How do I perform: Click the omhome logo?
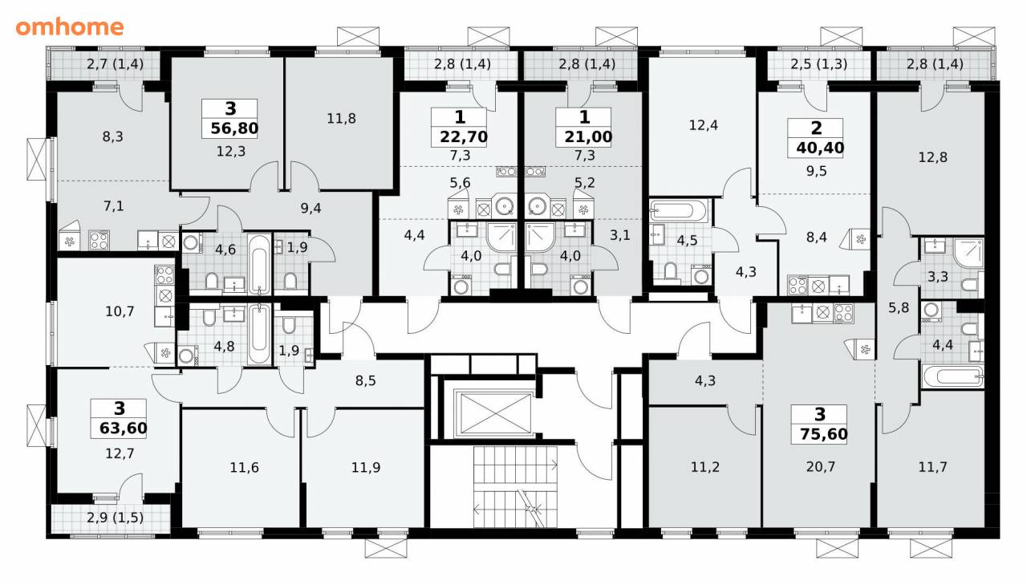(x=70, y=27)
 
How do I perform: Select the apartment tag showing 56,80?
(x=229, y=119)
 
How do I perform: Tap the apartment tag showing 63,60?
(x=119, y=419)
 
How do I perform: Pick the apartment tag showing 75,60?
(x=819, y=425)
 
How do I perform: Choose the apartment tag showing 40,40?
(x=816, y=138)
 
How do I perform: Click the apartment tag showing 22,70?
(x=460, y=128)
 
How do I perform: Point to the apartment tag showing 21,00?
(x=583, y=128)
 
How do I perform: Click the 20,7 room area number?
(x=821, y=467)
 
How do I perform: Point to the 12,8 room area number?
(x=932, y=157)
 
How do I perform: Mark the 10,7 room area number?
(x=120, y=311)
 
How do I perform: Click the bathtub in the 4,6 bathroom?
(x=259, y=264)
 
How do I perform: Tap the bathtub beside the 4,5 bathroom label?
(x=679, y=211)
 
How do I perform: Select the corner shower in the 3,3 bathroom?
(x=968, y=253)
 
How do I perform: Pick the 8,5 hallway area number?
(x=365, y=380)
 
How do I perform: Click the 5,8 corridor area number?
(x=899, y=307)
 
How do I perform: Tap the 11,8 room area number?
(x=341, y=119)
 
